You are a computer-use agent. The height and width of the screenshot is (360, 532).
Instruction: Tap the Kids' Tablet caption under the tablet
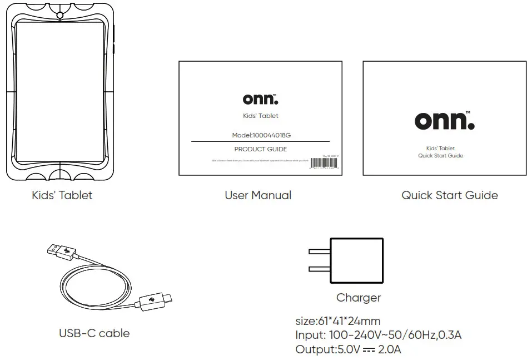[x=62, y=195]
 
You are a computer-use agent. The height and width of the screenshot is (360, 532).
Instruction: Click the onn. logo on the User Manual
[x=260, y=99]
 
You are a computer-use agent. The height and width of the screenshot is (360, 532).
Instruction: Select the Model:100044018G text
[x=260, y=135]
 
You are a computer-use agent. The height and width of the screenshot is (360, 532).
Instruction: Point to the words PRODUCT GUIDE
[x=260, y=149]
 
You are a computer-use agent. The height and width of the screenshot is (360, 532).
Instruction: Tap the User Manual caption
[x=258, y=195]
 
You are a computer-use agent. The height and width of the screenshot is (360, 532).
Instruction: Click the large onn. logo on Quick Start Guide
[x=444, y=120]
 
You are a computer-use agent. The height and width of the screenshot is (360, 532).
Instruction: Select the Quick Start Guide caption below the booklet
[x=449, y=195]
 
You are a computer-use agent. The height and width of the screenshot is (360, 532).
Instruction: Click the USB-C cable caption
[x=94, y=333]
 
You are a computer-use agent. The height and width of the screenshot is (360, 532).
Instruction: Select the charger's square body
[x=356, y=260]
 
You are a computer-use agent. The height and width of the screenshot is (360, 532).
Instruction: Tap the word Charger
[x=358, y=298]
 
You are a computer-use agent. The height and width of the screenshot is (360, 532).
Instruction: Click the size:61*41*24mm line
[x=337, y=321]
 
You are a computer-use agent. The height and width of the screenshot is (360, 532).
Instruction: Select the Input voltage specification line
[x=378, y=335]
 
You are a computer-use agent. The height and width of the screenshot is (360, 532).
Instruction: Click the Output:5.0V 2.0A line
[x=348, y=349]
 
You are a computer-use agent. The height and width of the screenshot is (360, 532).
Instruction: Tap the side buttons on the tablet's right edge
[x=114, y=39]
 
